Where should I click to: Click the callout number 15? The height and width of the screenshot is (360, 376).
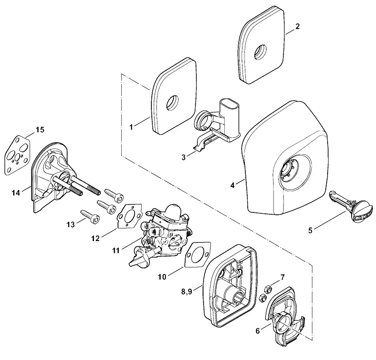coord(40,130)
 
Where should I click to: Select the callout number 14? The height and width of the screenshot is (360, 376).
coord(16,192)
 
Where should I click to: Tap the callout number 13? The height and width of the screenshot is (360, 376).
coord(71,225)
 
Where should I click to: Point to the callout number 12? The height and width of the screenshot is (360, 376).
coord(95,238)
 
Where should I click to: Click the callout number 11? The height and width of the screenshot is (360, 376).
coord(116,250)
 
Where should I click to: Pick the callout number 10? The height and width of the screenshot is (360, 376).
coord(162,277)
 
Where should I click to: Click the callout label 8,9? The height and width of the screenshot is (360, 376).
coord(187,292)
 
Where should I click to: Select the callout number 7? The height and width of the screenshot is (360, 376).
coord(282,277)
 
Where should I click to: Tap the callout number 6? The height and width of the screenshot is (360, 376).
coord(258,331)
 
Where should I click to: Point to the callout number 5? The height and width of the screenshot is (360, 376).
coord(310,230)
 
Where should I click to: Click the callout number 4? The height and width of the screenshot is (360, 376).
coord(232,185)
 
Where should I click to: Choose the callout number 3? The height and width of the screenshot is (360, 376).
coord(183,157)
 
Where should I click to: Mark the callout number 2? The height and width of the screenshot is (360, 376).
coord(298,26)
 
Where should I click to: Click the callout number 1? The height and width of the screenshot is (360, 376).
coord(131,127)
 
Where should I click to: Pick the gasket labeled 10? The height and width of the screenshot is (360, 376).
coord(197,254)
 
